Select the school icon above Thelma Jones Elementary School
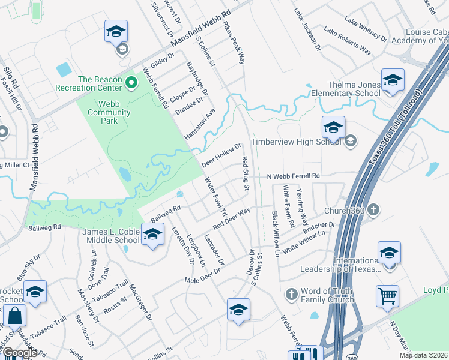[393, 80]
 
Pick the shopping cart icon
[387, 296]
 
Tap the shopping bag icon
[14, 316]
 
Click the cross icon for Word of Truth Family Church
[291, 294]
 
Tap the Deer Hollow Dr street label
[221, 155]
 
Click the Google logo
[20, 353]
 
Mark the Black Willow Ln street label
[276, 234]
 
